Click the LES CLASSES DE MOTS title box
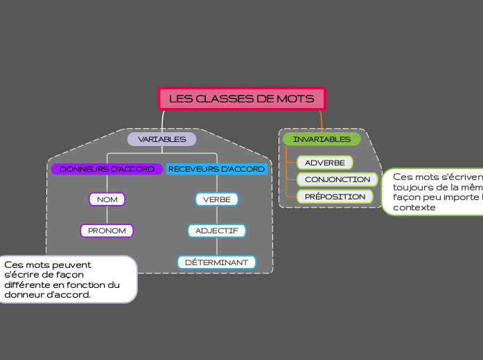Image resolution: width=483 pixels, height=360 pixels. pos(242,98)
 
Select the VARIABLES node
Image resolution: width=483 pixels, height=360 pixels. pos(161,139)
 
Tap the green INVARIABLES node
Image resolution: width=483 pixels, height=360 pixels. pos(322,139)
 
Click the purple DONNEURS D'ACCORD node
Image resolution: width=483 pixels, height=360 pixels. pos(107,169)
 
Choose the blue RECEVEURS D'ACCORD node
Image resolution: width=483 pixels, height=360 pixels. pos(216,169)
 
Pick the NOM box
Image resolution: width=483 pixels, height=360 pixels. pos(107,199)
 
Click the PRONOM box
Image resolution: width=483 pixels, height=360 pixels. pos(107,231)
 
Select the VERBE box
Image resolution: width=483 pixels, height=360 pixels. pos(216,199)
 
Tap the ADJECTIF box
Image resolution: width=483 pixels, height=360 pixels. pos(216,231)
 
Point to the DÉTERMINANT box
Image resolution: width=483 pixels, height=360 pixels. pos(216,262)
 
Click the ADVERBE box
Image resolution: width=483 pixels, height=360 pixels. pos(324,163)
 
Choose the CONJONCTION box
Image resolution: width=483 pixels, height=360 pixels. pos(337,179)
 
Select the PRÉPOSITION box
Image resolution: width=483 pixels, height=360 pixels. pos(335,197)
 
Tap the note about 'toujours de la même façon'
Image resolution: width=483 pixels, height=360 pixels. pos(433,192)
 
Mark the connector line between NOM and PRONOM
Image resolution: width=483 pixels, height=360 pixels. pos(107,215)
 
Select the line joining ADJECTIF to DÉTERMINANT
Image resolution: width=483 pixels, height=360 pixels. pos(217,246)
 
